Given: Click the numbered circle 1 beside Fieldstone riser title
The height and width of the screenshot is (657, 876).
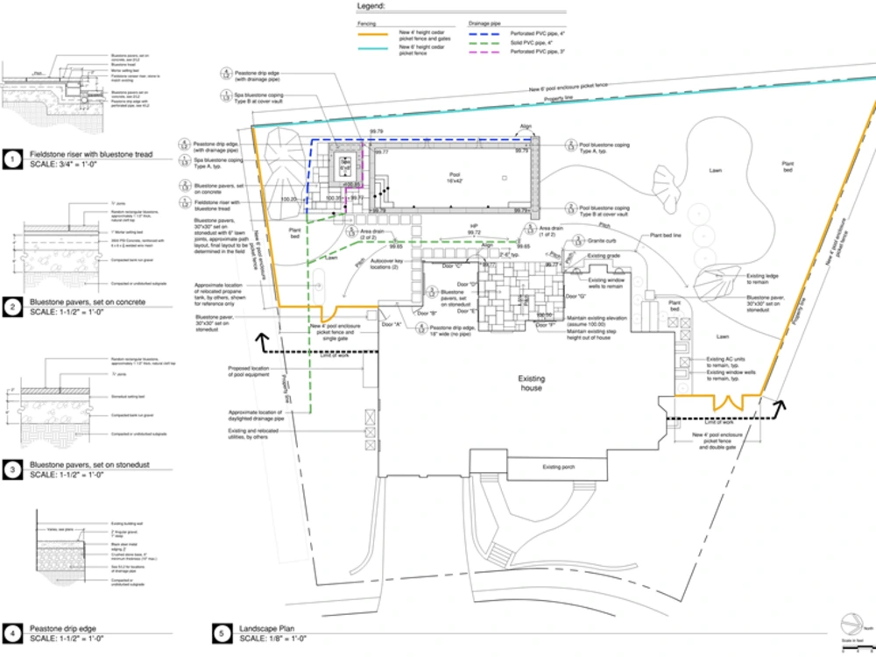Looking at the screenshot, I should click(12, 159).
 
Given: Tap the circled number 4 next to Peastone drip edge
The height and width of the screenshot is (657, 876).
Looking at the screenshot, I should click(12, 632).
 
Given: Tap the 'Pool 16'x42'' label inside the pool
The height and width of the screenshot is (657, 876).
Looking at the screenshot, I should click(449, 179).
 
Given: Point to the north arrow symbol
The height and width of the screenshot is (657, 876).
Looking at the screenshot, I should click(848, 624).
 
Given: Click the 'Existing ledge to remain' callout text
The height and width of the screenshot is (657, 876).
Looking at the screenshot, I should click(762, 279).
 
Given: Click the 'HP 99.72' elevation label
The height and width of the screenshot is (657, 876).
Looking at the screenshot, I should click(473, 230).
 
